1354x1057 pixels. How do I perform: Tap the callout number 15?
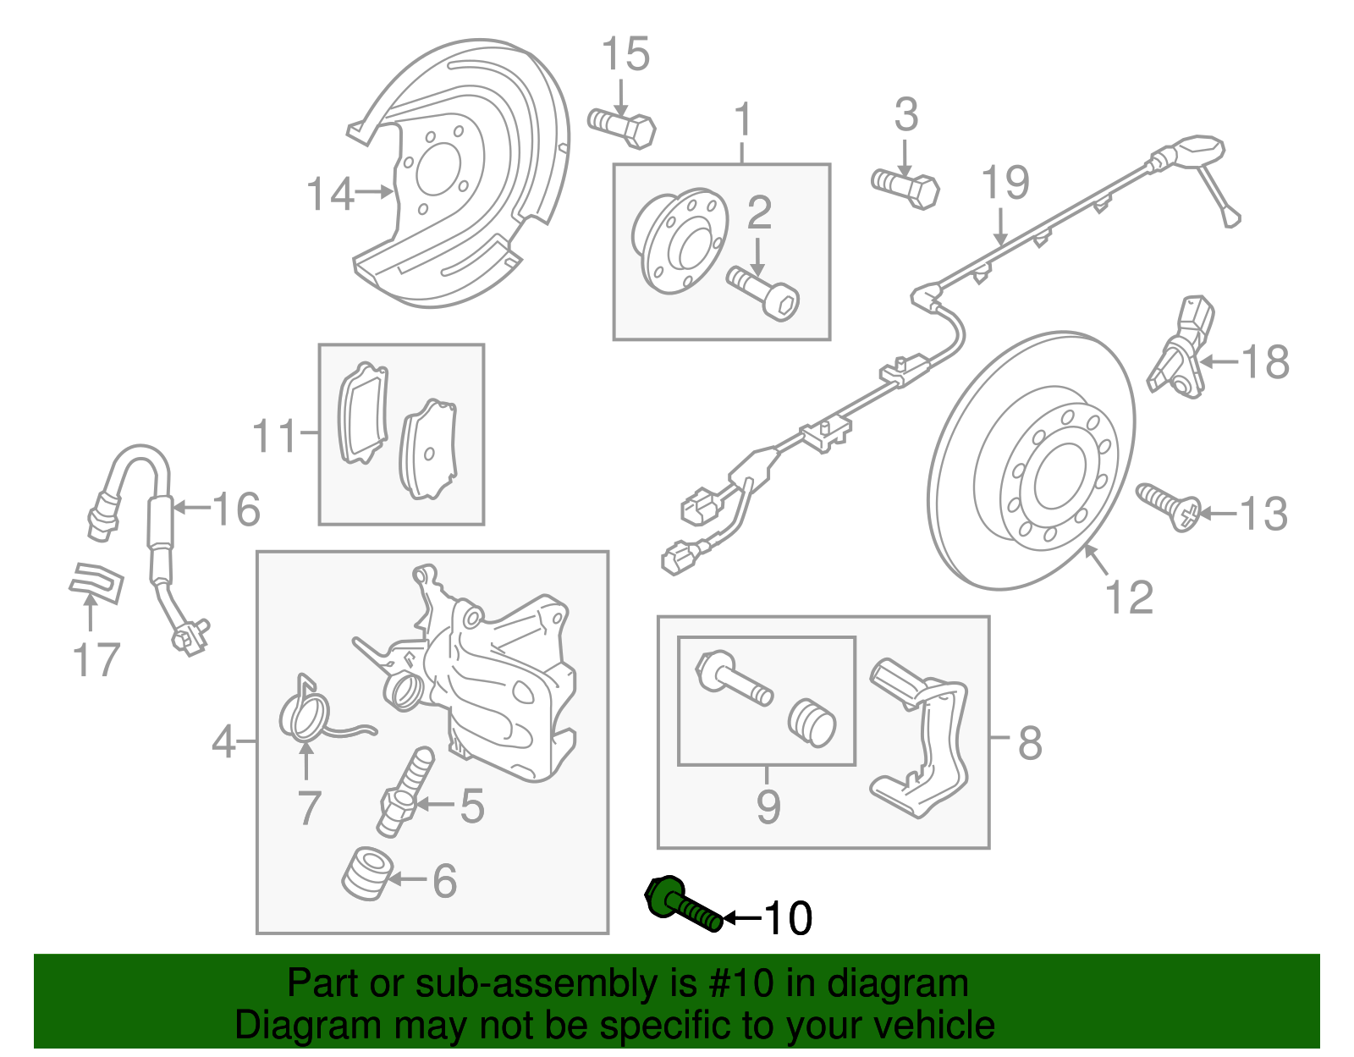(x=625, y=54)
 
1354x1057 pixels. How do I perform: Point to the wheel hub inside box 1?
(x=680, y=240)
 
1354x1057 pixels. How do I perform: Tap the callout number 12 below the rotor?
(x=1129, y=597)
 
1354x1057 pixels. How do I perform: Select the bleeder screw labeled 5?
(x=405, y=791)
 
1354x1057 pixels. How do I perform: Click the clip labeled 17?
(x=96, y=582)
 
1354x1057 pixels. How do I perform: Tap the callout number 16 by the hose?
(x=236, y=509)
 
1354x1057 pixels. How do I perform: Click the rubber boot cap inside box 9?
(x=812, y=723)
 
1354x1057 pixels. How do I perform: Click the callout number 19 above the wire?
(x=1004, y=183)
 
